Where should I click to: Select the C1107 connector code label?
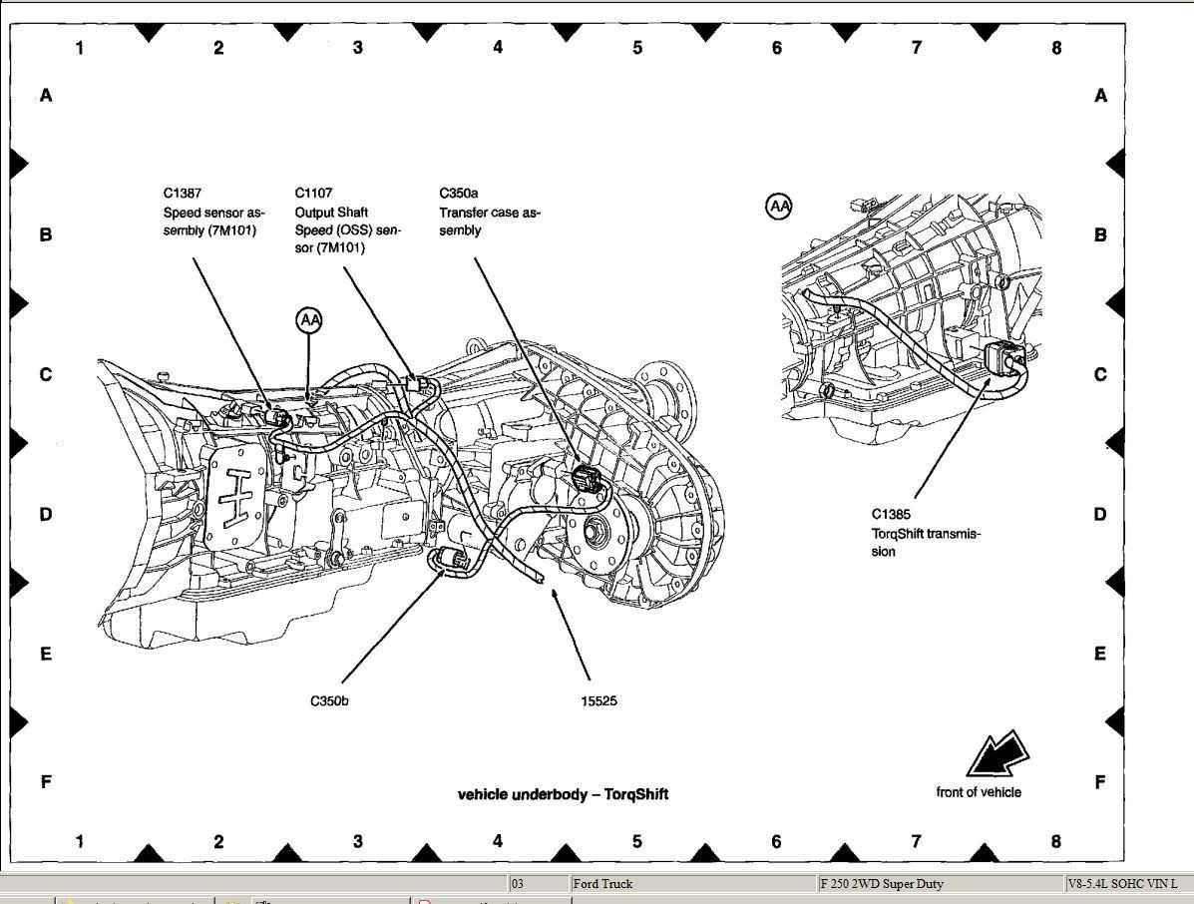point(313,193)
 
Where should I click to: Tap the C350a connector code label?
point(459,193)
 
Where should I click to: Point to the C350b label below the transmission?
point(329,700)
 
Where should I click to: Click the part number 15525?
point(598,700)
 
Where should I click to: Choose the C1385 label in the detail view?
point(890,516)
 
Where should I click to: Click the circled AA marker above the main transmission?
point(310,319)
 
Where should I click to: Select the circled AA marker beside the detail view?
point(779,207)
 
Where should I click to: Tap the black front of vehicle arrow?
point(995,754)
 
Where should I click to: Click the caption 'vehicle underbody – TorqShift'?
point(563,794)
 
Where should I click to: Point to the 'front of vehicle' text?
point(979,792)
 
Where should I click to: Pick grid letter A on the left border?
point(45,96)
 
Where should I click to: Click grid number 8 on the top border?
point(1056,47)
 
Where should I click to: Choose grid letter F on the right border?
point(1100,781)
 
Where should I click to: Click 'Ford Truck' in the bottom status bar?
point(602,884)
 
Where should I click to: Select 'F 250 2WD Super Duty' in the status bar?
point(882,884)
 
